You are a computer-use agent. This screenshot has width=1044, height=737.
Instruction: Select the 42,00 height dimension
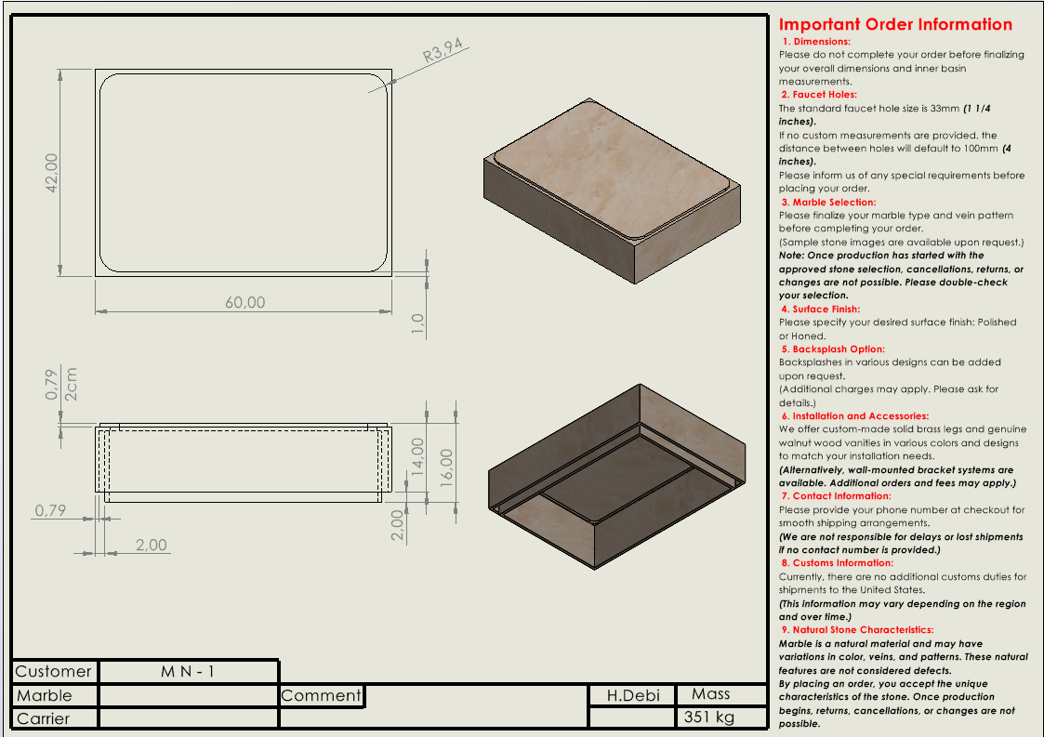52,174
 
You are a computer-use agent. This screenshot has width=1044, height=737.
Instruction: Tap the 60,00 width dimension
244,302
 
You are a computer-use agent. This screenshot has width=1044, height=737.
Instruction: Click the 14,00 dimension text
418,456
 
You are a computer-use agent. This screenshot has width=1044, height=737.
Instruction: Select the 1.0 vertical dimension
418,323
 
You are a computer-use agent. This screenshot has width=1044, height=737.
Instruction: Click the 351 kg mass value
709,717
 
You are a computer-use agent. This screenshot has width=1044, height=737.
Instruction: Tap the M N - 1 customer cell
187,671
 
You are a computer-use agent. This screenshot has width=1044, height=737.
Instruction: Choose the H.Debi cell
633,695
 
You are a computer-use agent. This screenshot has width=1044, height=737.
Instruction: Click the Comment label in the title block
321,695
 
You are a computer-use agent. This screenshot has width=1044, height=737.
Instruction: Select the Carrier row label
43,718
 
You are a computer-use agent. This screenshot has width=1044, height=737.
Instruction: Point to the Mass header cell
710,694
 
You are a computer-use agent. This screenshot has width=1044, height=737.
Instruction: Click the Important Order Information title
895,25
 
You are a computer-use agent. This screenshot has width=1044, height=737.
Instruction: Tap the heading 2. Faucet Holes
819,95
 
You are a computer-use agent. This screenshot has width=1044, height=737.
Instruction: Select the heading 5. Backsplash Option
833,349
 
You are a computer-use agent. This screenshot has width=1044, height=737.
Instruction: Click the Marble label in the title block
44,695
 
